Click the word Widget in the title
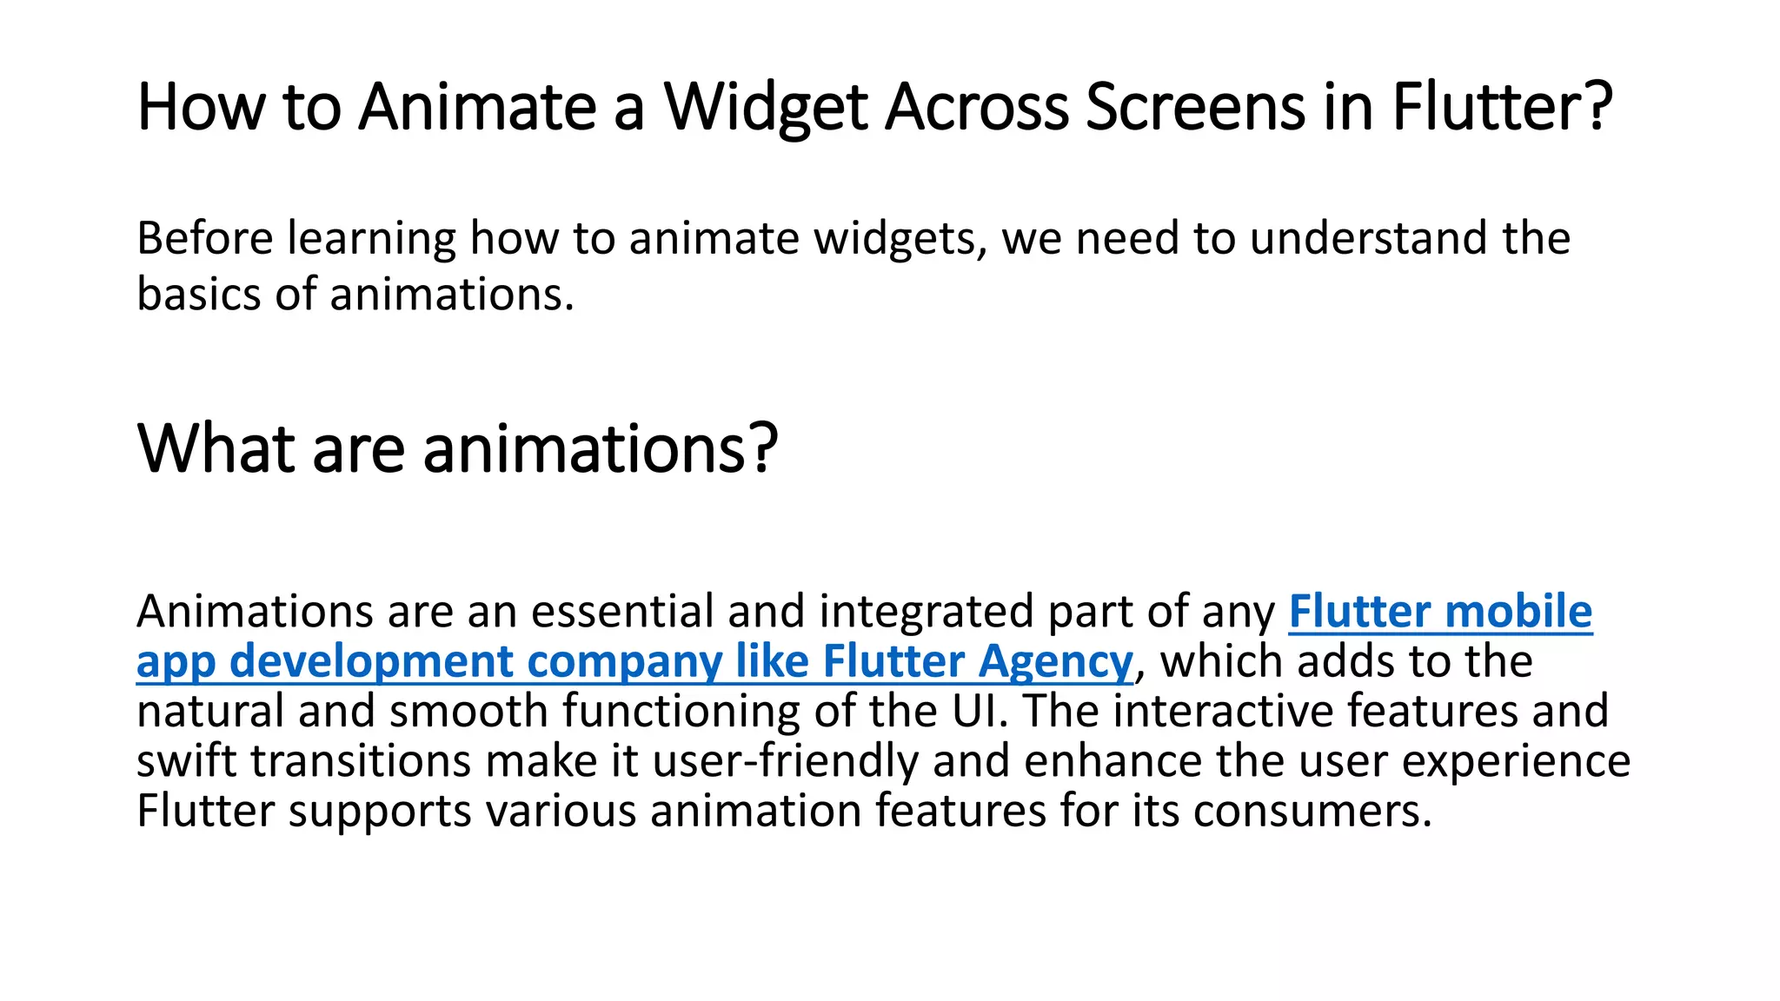[766, 108]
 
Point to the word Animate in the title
[477, 108]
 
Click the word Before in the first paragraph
[205, 238]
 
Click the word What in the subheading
[216, 448]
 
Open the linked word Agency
[1056, 662]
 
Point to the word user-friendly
[786, 761]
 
